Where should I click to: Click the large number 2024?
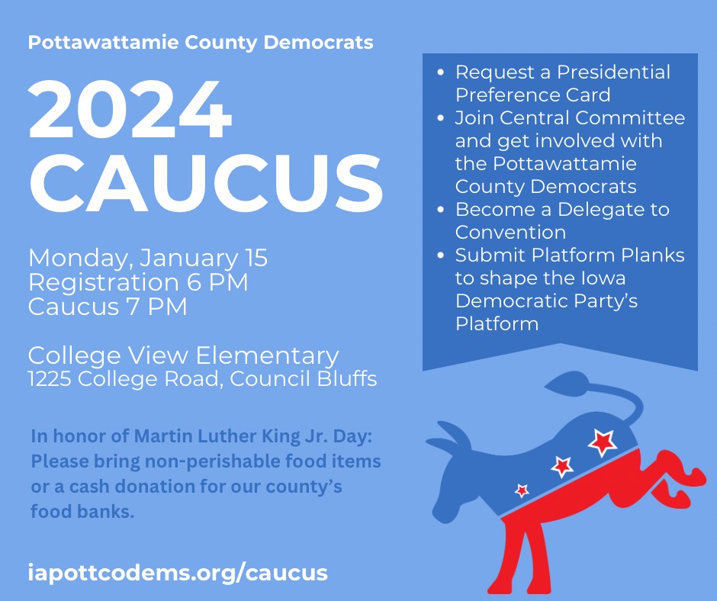tap(130, 108)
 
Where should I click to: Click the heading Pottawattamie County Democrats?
tap(201, 42)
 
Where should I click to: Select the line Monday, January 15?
tap(148, 258)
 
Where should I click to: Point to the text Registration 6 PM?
tap(138, 282)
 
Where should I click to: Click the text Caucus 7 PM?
tap(108, 307)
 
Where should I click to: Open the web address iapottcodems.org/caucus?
tap(178, 573)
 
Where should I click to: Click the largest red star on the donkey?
tap(602, 441)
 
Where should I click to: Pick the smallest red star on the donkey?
tap(522, 490)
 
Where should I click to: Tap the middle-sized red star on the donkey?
tap(562, 465)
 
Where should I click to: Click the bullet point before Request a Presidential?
tap(442, 73)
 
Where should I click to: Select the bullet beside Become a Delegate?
tap(442, 211)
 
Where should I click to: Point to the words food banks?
tap(82, 512)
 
